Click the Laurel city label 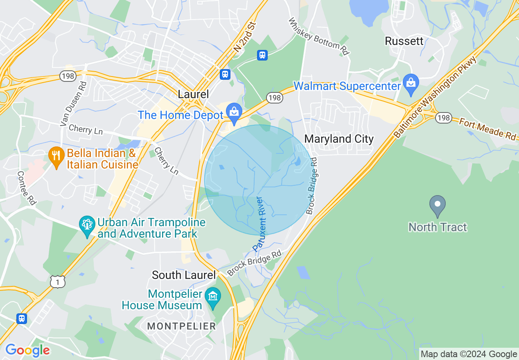tap(193, 94)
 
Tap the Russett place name tap(404, 41)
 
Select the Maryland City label tap(339, 139)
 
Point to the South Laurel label tap(183, 275)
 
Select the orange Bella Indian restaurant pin tap(56, 156)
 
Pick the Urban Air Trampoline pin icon tap(87, 225)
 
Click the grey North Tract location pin tap(438, 205)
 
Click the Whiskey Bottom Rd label tap(318, 36)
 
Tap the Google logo tap(27, 350)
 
